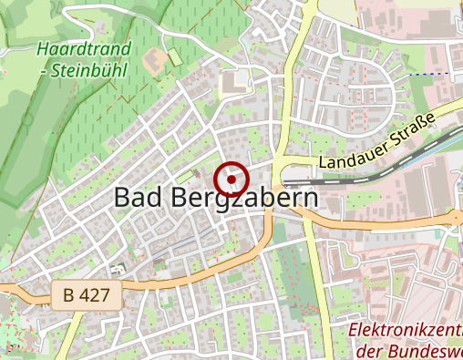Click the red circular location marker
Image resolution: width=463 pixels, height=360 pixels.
pos(232,179)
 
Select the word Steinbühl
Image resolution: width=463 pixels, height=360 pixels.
pos(95,69)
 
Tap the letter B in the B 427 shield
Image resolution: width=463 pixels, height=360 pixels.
pos(70,295)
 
